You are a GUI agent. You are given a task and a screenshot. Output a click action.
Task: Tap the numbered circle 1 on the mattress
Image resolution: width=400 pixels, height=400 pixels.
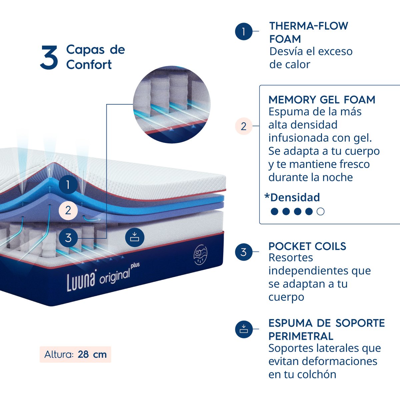click(68, 184)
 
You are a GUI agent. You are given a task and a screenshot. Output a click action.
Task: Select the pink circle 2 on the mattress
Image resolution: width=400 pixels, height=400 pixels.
click(68, 210)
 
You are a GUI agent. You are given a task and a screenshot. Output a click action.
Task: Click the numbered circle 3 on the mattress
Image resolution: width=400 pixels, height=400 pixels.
click(68, 238)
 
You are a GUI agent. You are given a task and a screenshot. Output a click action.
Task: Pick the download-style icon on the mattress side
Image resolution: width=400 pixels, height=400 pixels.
click(135, 237)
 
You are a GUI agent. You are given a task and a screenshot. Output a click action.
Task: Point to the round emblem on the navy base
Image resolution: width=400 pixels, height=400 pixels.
click(200, 256)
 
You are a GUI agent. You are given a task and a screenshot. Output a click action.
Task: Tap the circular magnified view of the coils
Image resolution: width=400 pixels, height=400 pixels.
click(172, 105)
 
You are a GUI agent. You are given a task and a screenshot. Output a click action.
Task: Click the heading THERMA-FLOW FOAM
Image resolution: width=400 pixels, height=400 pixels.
click(308, 32)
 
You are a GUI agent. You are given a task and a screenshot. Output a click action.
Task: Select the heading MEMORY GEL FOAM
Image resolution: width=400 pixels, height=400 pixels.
click(322, 100)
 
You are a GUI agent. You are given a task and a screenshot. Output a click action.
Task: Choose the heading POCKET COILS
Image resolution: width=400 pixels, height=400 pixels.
click(307, 246)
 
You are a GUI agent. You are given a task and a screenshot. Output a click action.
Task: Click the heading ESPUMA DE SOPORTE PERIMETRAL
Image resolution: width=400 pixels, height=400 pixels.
click(326, 329)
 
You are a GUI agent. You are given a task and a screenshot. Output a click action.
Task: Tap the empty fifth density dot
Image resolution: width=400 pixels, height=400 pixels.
click(321, 211)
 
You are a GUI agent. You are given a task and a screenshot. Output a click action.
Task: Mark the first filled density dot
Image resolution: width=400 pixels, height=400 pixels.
click(275, 211)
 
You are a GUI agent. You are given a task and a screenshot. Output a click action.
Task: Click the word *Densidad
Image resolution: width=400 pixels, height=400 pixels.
click(292, 197)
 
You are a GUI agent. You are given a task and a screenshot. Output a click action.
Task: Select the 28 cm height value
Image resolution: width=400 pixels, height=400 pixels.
click(92, 354)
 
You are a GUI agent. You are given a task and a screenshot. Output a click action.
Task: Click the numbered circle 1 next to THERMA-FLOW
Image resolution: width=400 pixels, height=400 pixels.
click(244, 32)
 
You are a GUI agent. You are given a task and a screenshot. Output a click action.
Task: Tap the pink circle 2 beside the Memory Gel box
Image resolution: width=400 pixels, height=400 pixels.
click(244, 126)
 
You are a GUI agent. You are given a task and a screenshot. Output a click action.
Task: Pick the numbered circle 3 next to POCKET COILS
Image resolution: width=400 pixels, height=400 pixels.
click(244, 252)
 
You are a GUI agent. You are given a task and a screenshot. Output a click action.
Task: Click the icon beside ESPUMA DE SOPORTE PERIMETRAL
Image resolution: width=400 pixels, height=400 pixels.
click(244, 329)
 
